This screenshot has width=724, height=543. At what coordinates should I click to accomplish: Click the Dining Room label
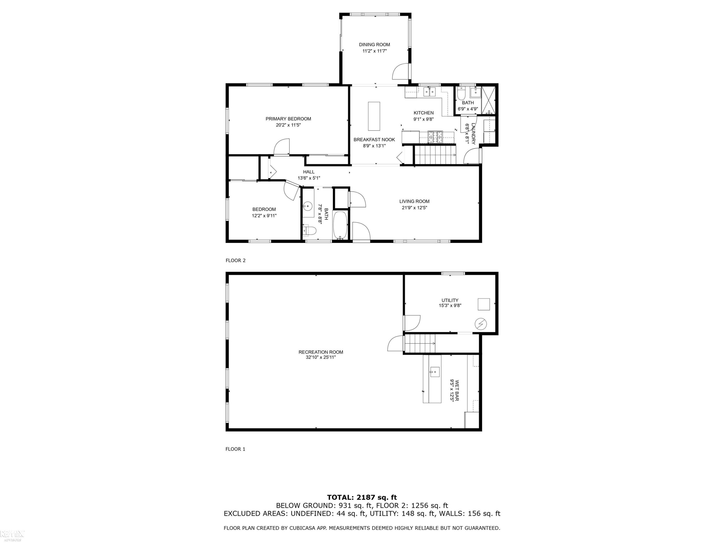pos(375,44)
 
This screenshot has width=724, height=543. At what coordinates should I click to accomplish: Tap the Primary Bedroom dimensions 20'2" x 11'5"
pos(288,125)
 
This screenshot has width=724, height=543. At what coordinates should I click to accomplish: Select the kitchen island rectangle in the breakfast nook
pos(374,116)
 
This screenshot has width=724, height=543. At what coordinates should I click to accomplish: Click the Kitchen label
pos(424,113)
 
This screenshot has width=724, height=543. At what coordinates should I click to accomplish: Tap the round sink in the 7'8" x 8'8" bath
pos(307,206)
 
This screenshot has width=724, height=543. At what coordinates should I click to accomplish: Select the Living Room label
pos(414,201)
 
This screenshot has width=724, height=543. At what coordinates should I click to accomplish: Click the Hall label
pos(309,172)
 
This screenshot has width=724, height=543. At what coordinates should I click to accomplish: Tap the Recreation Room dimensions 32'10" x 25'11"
pos(321,357)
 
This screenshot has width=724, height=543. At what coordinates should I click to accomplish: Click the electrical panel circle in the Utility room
pos(481,324)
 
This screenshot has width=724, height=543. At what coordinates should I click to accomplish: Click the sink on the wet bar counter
pos(435,372)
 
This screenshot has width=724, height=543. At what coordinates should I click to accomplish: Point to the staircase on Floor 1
pos(420,343)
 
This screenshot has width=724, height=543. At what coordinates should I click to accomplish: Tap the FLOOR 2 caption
pos(235,261)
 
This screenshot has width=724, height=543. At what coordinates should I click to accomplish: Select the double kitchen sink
pos(430,92)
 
